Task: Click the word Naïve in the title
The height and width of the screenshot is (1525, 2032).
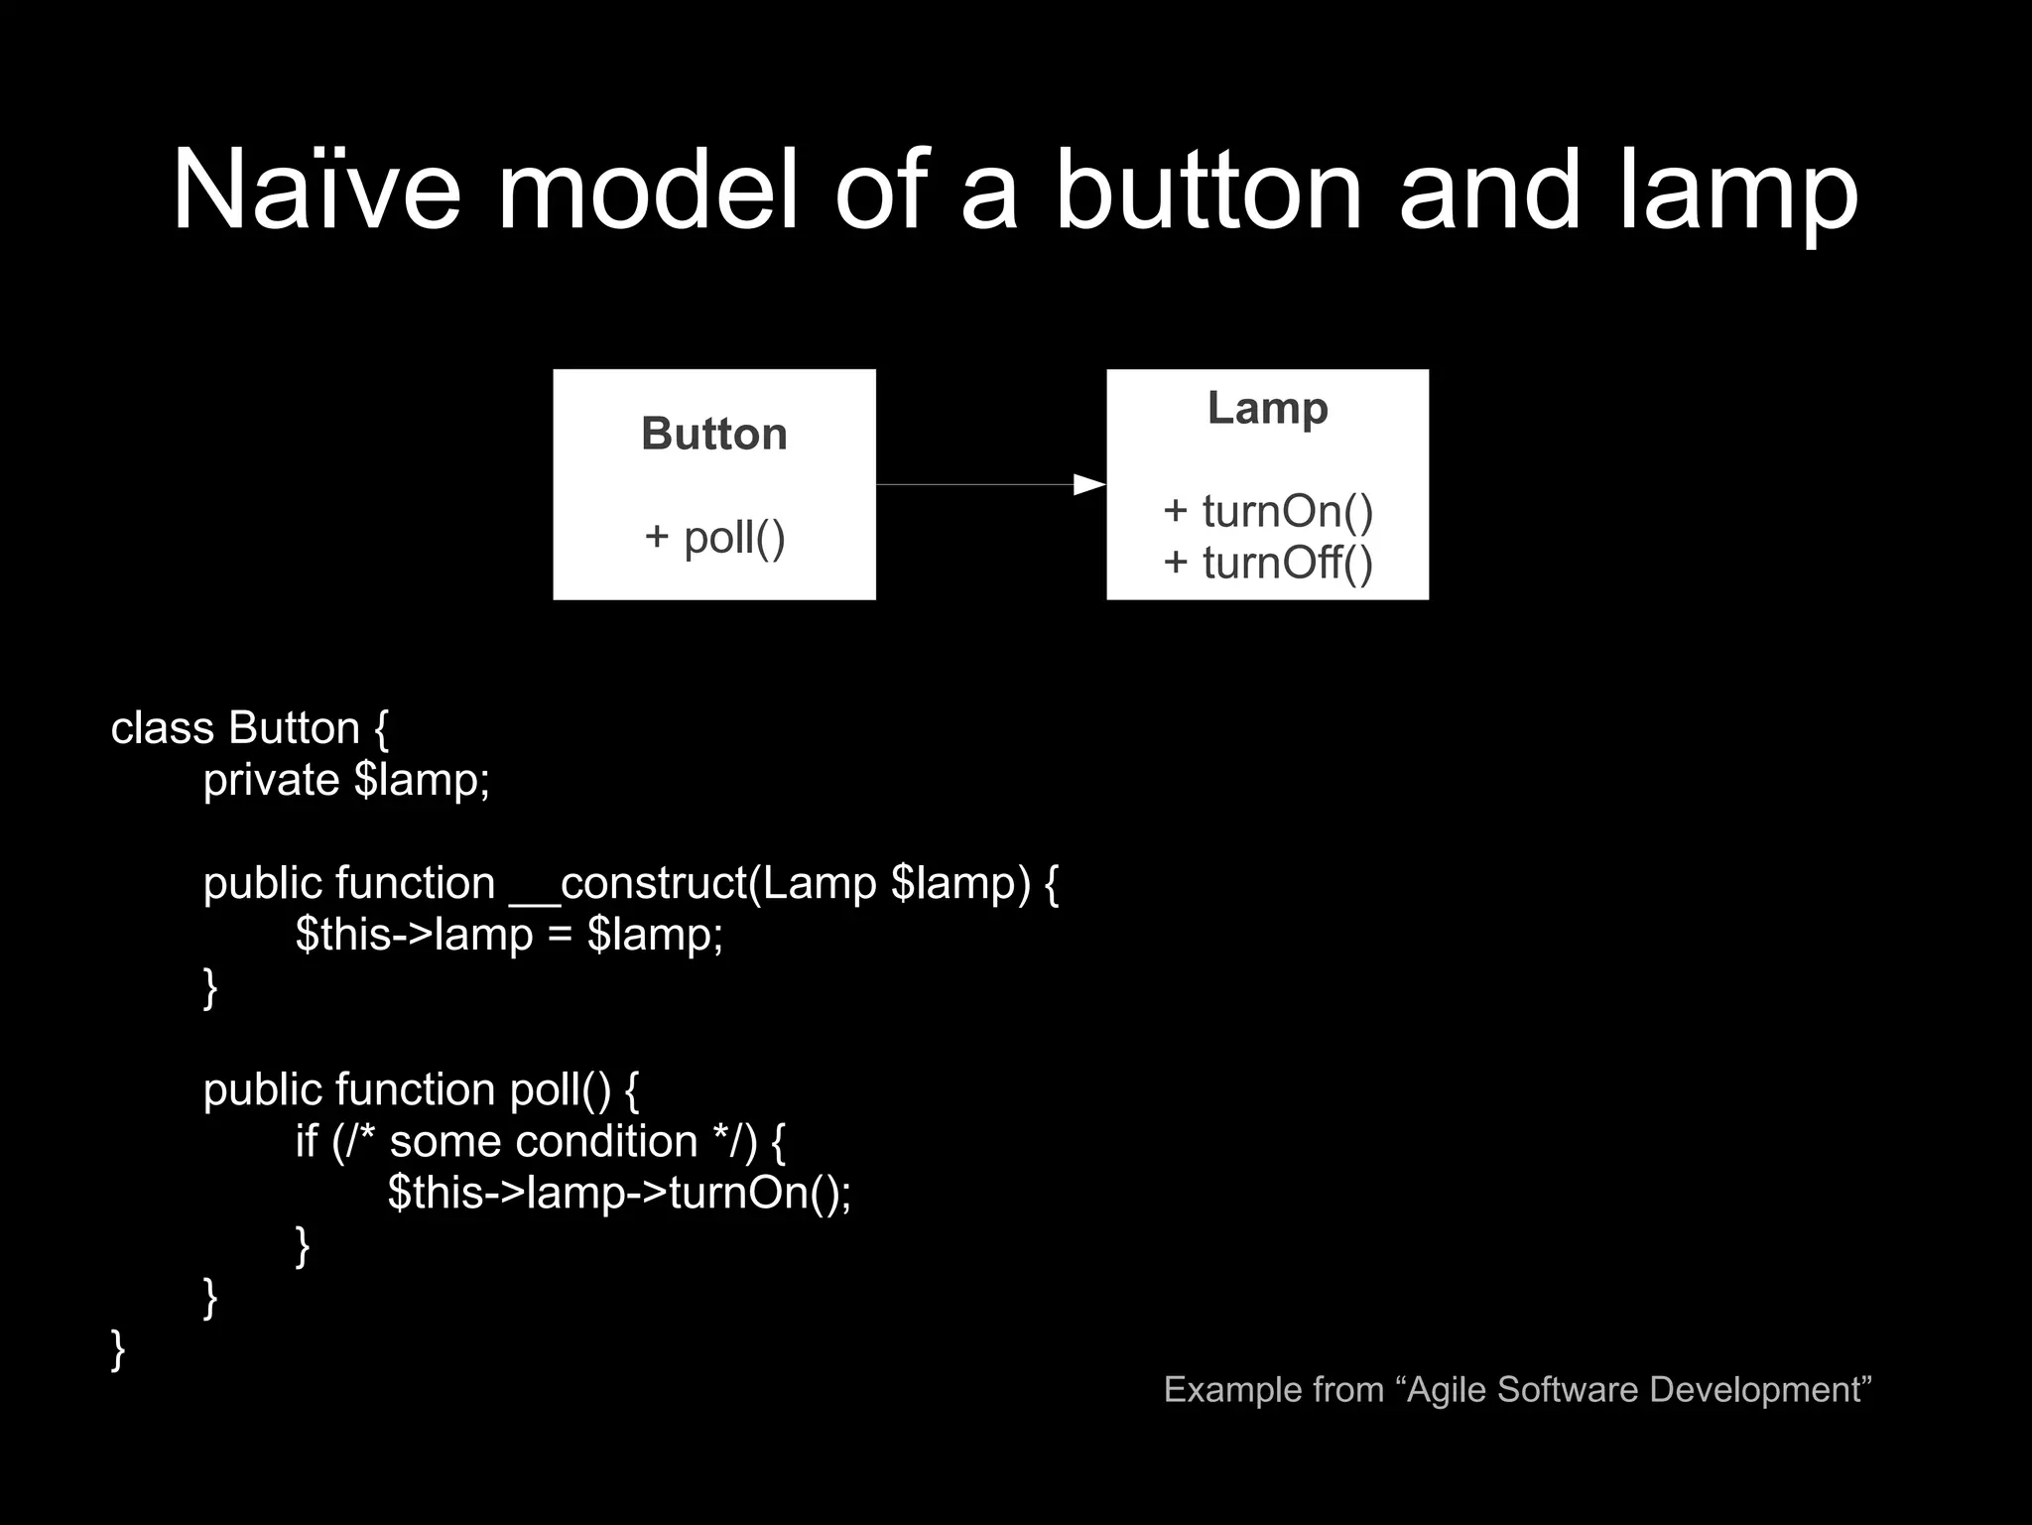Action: tap(317, 191)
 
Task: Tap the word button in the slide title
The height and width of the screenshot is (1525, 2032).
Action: tap(1206, 191)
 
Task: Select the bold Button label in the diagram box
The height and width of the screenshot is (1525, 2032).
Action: tap(714, 434)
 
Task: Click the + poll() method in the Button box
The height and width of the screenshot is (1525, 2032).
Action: tap(714, 537)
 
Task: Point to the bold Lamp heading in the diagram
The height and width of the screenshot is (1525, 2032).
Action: tap(1267, 408)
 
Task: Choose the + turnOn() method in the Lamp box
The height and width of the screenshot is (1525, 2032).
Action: tap(1268, 511)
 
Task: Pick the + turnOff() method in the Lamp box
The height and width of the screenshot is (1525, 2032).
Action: tap(1268, 563)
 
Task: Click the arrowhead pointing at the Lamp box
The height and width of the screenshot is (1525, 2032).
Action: tap(1089, 484)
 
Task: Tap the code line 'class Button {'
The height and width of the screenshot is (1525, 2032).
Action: tap(249, 728)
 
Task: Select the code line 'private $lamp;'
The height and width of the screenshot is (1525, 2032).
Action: tap(346, 780)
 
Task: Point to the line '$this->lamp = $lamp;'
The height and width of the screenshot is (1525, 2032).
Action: tap(509, 935)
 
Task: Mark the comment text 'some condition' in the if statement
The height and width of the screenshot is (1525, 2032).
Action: tap(544, 1141)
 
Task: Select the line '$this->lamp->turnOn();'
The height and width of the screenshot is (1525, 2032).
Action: tap(619, 1193)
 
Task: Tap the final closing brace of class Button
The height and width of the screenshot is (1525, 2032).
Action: tap(118, 1349)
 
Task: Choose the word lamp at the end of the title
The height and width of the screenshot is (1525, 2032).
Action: tap(1738, 191)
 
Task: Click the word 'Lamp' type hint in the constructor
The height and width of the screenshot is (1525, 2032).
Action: tap(820, 883)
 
